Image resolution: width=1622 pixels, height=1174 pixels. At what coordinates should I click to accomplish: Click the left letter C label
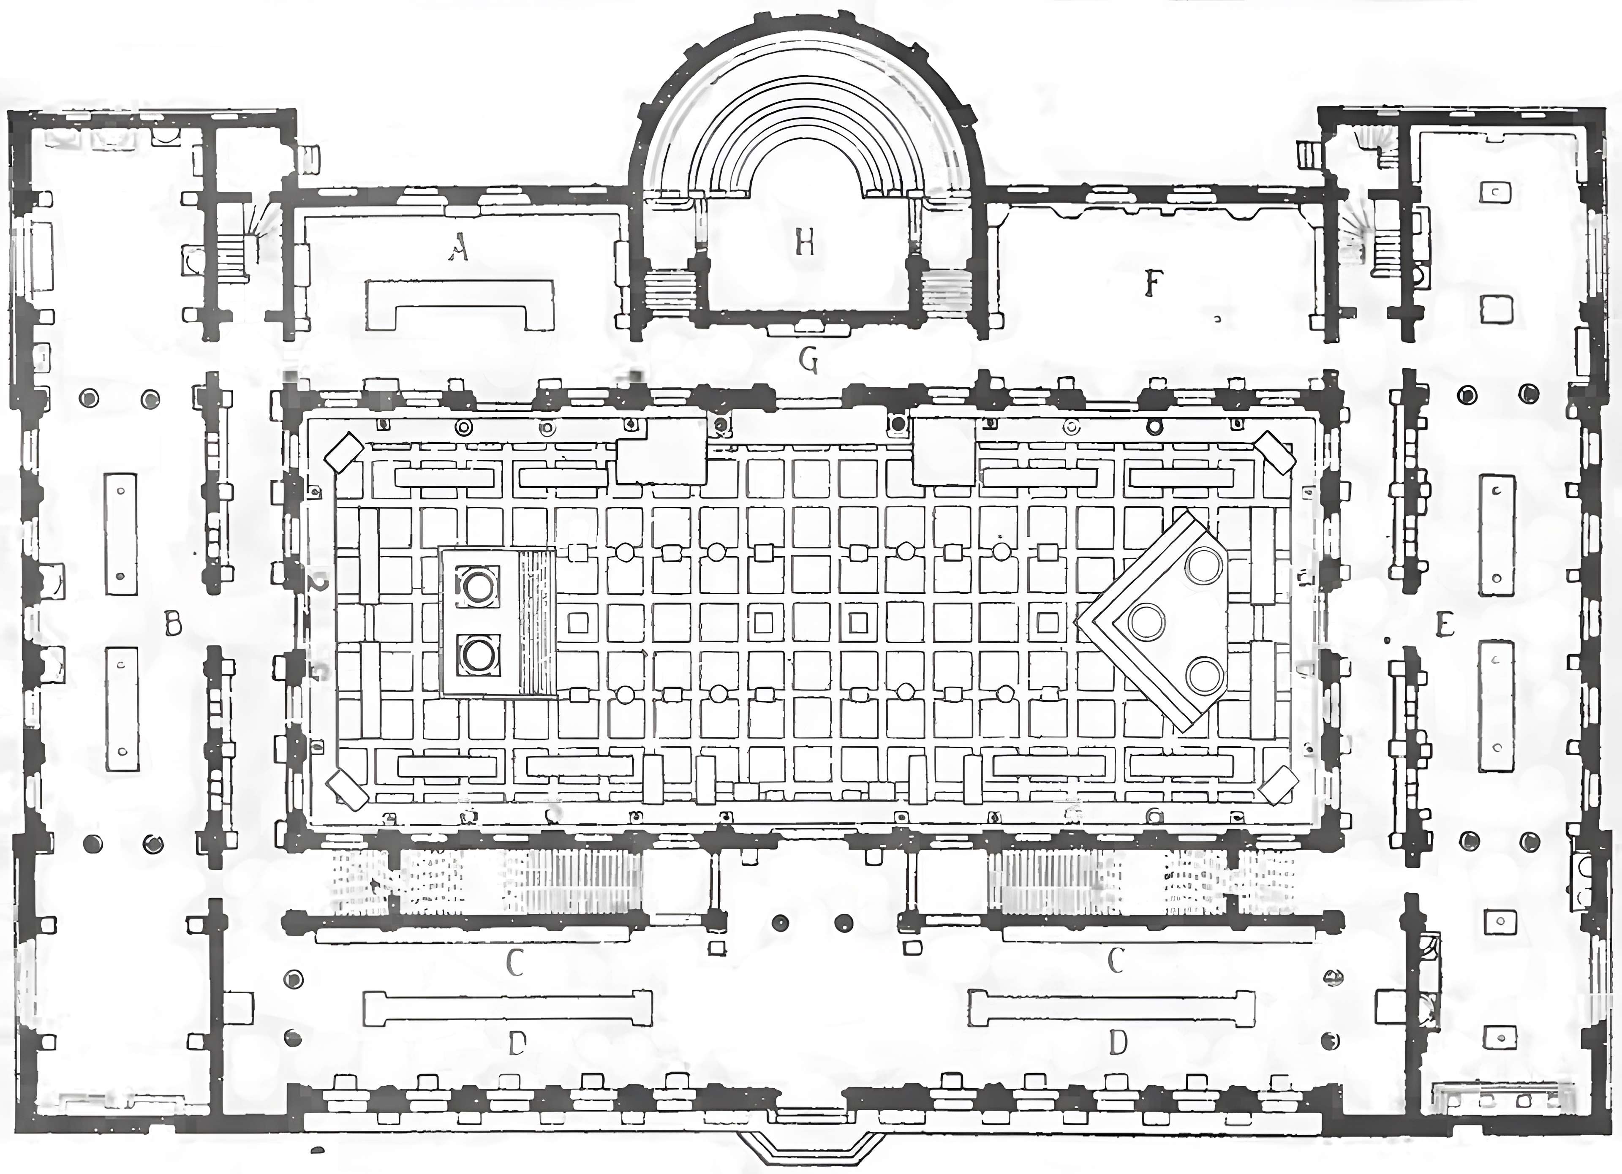click(x=515, y=962)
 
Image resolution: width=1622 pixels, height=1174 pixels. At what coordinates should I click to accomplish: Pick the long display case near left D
click(x=508, y=1008)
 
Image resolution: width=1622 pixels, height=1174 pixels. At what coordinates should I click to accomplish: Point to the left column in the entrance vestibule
click(x=780, y=922)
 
